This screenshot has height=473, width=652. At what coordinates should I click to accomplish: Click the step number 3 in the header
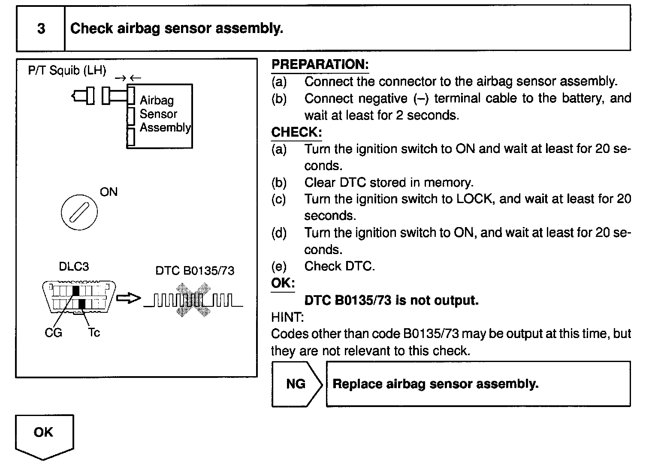(x=41, y=28)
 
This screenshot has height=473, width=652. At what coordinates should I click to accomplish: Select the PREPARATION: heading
(x=320, y=65)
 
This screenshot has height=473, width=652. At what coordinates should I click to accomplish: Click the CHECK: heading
(x=296, y=132)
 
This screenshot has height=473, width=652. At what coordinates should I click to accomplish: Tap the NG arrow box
(x=297, y=384)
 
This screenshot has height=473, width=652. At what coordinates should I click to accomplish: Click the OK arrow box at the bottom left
(x=44, y=437)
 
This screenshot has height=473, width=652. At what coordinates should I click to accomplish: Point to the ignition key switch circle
(x=79, y=212)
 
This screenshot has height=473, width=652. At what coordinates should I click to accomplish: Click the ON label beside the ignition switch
(x=109, y=192)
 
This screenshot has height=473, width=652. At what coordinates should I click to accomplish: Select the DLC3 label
(x=74, y=266)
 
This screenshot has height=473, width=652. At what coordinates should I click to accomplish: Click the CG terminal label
(x=53, y=332)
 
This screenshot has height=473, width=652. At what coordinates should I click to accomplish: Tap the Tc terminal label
(x=94, y=332)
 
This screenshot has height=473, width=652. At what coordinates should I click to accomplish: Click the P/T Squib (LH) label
(x=67, y=70)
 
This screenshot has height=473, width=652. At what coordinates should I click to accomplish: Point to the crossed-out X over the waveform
(x=193, y=300)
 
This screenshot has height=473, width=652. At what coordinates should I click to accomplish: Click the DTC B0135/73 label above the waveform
(x=195, y=271)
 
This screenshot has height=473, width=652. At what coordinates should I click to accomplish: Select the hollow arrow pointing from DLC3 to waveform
(x=128, y=298)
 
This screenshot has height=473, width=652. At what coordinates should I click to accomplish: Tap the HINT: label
(x=287, y=317)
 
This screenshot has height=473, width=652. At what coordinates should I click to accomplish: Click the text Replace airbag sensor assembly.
(x=435, y=384)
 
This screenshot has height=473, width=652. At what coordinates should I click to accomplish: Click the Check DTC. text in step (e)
(x=340, y=266)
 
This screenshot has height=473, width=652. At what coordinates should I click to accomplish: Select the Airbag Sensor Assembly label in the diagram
(x=165, y=114)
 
